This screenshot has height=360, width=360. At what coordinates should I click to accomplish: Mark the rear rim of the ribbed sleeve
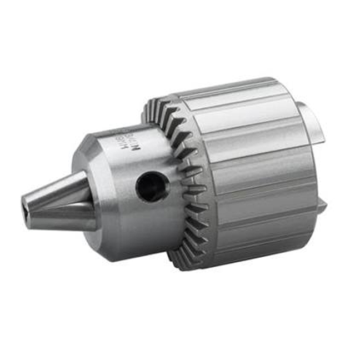pyautogui.click(x=311, y=167)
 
